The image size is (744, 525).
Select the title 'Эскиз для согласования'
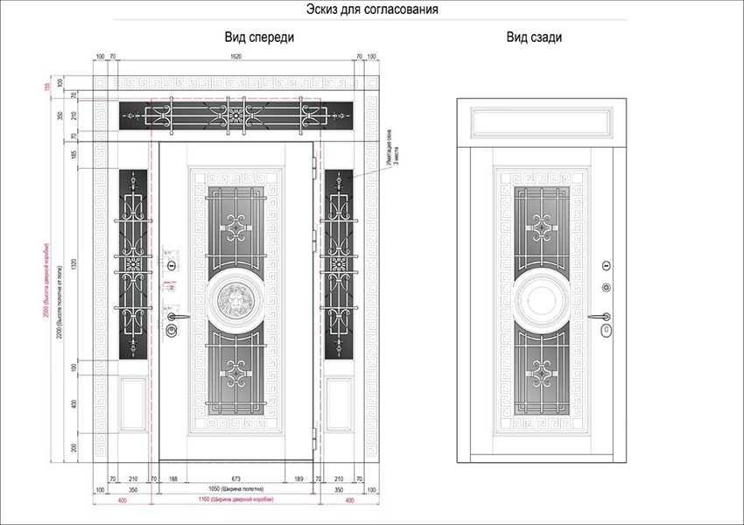371,10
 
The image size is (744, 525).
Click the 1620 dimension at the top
235,57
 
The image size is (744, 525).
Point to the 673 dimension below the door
235,479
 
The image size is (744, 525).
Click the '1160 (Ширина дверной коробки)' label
235,499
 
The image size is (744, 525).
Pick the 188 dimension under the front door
172,479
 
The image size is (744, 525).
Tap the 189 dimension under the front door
298,479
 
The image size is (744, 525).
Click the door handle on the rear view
600,317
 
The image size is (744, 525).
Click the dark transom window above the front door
235,115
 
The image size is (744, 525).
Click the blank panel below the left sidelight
132,403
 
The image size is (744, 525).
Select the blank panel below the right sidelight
339,403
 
